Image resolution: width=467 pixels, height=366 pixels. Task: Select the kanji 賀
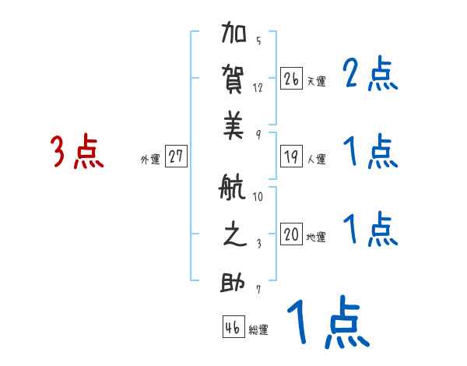tap(235, 80)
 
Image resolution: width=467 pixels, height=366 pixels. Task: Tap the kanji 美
tap(235, 128)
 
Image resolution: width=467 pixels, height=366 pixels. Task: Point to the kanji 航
tap(235, 189)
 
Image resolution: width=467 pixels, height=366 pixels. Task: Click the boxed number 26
tap(292, 79)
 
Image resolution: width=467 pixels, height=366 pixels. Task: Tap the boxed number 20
tap(292, 234)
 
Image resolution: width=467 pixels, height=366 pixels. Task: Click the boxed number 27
tap(176, 157)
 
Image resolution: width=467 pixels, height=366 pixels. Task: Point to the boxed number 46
tap(233, 327)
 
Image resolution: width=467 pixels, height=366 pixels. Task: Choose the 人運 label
tap(317, 160)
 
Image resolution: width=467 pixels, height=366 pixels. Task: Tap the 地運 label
tap(317, 238)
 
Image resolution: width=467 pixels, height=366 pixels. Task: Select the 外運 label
tap(150, 160)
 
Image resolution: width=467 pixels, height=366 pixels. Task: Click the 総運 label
tap(258, 330)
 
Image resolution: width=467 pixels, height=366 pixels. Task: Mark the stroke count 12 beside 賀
tap(258, 88)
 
